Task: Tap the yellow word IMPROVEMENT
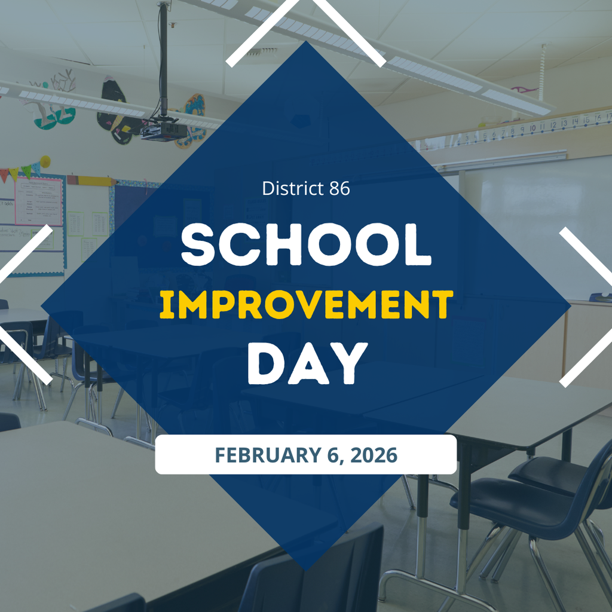coord(306,305)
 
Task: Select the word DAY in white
coord(306,363)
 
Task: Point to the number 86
coord(339,189)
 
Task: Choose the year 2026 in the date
coord(374,455)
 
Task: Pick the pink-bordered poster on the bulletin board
coord(38,201)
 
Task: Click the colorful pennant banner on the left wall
coord(24,170)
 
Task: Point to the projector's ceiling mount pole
coord(163,60)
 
